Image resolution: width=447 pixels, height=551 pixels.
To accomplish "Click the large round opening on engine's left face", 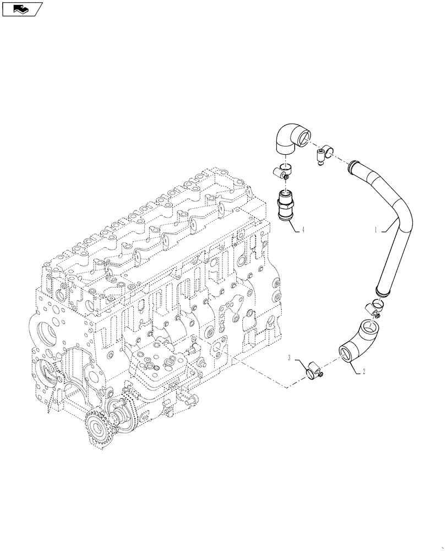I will [46, 336].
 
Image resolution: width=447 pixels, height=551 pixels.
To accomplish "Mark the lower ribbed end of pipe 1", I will [380, 289].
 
